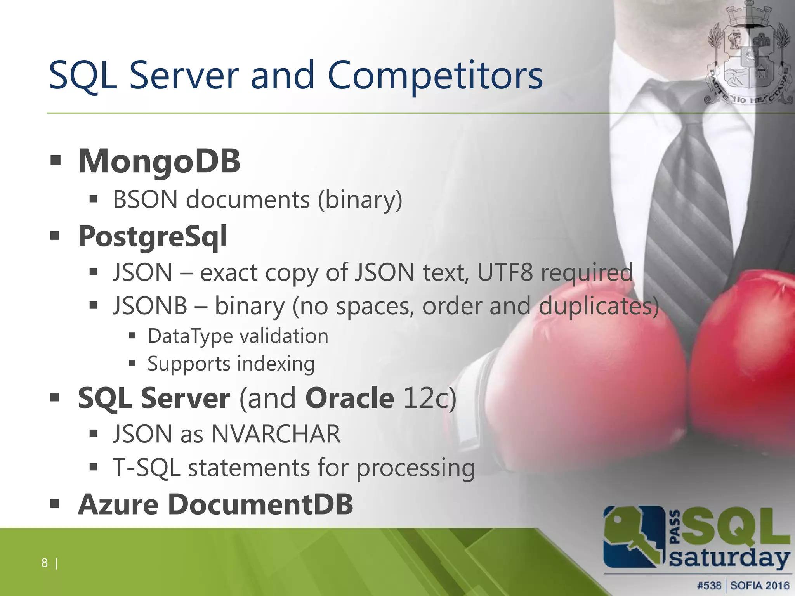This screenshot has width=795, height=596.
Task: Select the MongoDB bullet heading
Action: tap(159, 161)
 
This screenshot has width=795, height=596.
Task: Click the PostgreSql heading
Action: tap(153, 236)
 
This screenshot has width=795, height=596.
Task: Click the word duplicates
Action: tap(598, 307)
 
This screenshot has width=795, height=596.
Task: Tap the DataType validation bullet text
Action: tap(238, 336)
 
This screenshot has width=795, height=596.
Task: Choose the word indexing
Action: tap(276, 364)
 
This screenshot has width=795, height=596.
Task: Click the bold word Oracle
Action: tap(350, 398)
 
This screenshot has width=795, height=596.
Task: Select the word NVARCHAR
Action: tap(276, 434)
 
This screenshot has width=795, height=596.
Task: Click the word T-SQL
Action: tap(146, 468)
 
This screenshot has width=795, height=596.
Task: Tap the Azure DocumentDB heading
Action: tap(215, 504)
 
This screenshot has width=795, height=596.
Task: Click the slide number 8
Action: tap(44, 563)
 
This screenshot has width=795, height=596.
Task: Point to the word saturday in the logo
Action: tap(730, 559)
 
